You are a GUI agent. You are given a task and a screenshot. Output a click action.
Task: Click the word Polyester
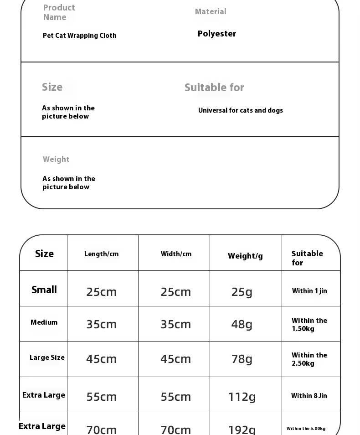click(x=217, y=34)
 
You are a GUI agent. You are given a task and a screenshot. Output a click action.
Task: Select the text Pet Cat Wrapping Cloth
click(x=80, y=36)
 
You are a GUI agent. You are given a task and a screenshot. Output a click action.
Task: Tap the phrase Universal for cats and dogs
click(x=241, y=110)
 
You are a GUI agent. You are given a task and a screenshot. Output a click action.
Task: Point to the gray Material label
click(x=211, y=12)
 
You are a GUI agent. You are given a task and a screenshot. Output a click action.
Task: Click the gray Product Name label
click(x=59, y=12)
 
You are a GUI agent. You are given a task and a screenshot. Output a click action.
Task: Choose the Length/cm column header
click(x=101, y=254)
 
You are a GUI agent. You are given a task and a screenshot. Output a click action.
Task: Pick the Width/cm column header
click(x=176, y=254)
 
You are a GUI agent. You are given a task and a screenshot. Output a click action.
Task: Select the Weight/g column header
click(x=245, y=256)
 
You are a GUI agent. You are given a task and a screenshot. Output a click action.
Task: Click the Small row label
click(x=44, y=290)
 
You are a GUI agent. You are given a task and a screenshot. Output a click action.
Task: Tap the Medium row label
click(x=44, y=322)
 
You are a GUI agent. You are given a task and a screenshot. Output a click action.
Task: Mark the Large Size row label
click(x=47, y=357)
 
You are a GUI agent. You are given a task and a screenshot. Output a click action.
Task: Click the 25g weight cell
click(x=242, y=292)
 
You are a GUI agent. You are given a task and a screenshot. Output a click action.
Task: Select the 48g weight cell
click(x=242, y=324)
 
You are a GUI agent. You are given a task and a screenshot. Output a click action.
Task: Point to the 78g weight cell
click(x=242, y=359)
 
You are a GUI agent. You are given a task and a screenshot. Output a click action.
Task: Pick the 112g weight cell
click(x=242, y=397)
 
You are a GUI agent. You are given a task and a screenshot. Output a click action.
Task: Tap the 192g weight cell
click(x=242, y=430)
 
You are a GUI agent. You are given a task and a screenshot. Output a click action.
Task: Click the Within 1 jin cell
click(x=309, y=291)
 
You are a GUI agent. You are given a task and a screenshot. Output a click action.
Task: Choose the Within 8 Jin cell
click(x=309, y=396)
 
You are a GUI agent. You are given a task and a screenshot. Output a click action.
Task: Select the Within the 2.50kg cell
click(x=309, y=359)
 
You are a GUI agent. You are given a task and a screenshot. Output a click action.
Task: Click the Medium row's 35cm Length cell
click(x=102, y=324)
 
